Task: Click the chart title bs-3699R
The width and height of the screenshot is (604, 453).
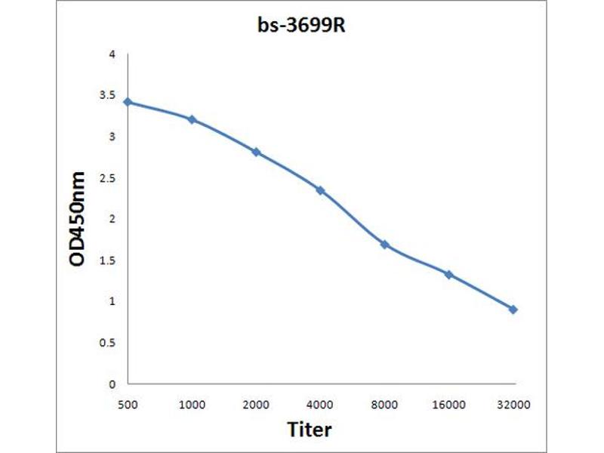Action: click(301, 26)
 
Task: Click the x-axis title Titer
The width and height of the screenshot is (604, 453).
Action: click(310, 430)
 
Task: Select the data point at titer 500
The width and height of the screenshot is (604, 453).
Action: click(128, 101)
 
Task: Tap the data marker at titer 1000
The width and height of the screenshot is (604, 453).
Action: click(193, 119)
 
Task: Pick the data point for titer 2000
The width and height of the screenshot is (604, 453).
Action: click(256, 152)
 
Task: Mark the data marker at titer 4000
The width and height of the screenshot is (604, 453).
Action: click(320, 190)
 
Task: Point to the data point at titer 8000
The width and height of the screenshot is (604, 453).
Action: click(384, 245)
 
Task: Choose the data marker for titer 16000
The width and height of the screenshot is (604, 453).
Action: click(448, 274)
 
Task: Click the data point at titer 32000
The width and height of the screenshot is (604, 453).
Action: click(513, 310)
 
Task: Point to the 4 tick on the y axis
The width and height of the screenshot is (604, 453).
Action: click(112, 55)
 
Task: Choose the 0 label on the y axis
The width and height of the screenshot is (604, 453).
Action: click(112, 384)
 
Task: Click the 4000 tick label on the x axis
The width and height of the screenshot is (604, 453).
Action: click(321, 405)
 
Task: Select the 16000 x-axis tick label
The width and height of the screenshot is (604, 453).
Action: click(448, 405)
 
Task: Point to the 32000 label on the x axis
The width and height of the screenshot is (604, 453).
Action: click(513, 405)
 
